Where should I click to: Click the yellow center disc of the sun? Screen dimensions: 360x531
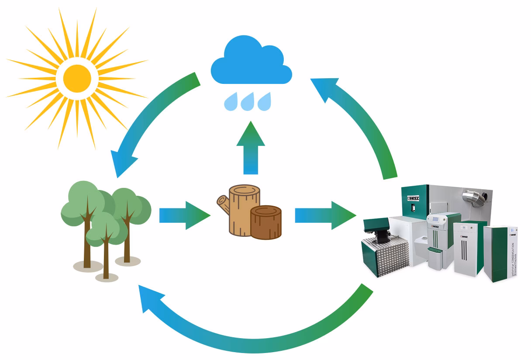pos(77,78)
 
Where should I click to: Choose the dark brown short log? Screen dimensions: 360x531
pos(266,222)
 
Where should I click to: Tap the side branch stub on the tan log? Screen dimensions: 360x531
pos(222,201)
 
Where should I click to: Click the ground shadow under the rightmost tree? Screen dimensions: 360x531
pos(128,261)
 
